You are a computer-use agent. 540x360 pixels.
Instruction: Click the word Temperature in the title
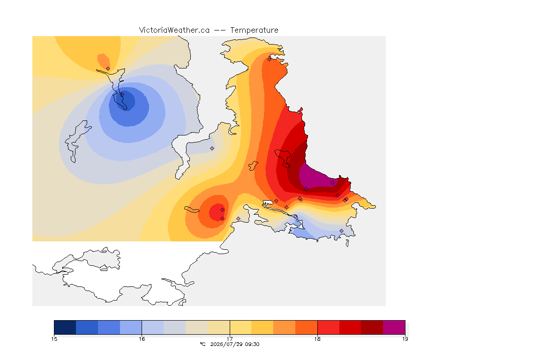[x=254, y=30]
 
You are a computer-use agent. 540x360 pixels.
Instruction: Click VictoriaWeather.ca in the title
[x=174, y=30]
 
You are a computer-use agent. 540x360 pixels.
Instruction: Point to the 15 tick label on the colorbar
[x=54, y=339]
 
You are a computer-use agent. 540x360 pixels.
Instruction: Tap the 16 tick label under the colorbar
[x=142, y=339]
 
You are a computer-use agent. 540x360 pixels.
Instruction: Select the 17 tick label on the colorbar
[x=230, y=339]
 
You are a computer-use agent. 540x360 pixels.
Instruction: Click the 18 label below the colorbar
[x=317, y=339]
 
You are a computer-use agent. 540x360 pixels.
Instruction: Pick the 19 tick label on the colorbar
[x=405, y=339]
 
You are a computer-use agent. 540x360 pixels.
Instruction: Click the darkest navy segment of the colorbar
[x=65, y=327]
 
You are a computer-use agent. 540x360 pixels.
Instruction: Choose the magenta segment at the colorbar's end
[x=394, y=327]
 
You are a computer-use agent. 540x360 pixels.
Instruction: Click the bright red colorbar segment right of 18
[x=328, y=327]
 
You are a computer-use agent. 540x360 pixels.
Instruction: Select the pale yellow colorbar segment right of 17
[x=240, y=327]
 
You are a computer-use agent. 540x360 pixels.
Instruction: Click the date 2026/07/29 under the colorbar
[x=225, y=344]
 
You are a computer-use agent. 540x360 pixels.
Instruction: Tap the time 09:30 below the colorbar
[x=253, y=344]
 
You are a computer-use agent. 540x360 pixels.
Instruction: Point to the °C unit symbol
[x=202, y=344]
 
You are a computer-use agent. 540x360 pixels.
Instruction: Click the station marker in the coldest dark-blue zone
[x=122, y=94]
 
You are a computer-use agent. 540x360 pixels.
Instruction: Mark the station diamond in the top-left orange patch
[x=108, y=68]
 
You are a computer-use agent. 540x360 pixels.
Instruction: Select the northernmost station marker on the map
[x=270, y=59]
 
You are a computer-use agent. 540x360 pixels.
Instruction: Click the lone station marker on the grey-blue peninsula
[x=212, y=149]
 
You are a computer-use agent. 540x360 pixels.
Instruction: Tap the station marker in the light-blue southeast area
[x=342, y=231]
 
